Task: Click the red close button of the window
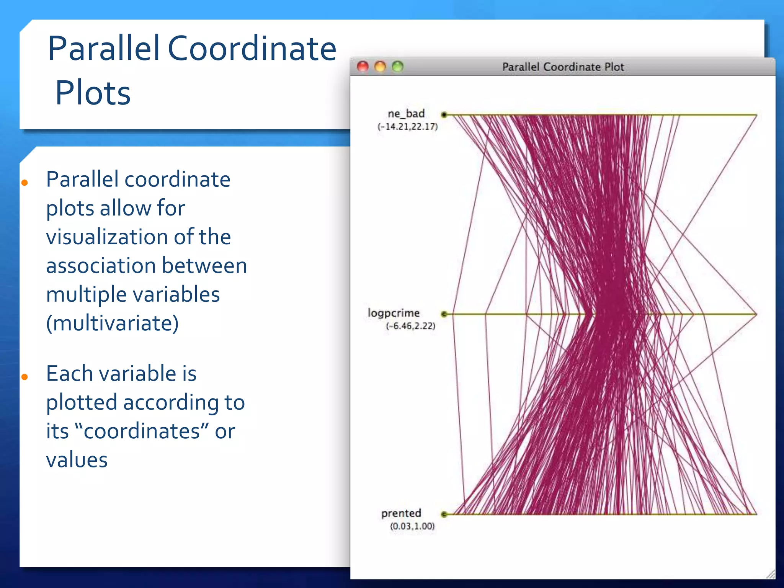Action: click(x=362, y=67)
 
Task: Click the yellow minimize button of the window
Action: click(x=380, y=67)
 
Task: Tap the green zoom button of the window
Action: click(x=398, y=67)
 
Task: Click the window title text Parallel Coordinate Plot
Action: click(x=563, y=67)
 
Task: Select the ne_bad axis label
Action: click(x=406, y=114)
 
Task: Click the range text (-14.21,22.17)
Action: click(x=408, y=127)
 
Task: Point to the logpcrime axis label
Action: click(x=394, y=313)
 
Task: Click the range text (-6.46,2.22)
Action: click(x=410, y=326)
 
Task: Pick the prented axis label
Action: click(x=401, y=513)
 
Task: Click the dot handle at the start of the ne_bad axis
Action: click(x=444, y=114)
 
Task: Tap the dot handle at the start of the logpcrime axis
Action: click(x=444, y=314)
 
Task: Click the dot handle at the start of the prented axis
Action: click(x=444, y=514)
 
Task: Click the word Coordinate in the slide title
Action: click(x=252, y=49)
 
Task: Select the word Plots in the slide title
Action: click(x=93, y=93)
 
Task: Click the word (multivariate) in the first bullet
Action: click(x=112, y=323)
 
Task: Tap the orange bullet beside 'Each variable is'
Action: click(x=25, y=377)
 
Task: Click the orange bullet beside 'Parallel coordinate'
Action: click(x=25, y=183)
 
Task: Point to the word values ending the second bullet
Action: click(x=77, y=460)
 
